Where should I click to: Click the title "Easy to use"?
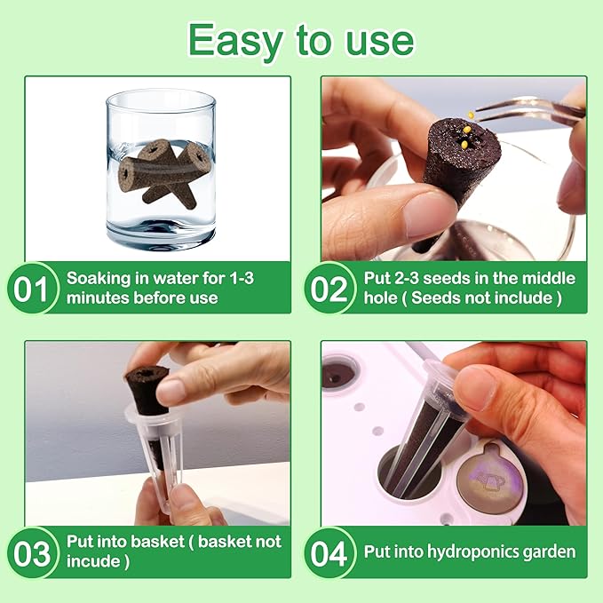301,40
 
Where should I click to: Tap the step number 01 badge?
33,289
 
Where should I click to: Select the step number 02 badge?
329,289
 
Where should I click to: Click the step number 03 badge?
33,552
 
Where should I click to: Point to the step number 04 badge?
329,552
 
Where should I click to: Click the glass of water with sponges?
161,169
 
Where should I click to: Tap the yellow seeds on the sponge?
464,137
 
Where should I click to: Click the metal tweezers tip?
484,114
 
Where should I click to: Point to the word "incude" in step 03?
94,561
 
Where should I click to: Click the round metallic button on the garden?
492,480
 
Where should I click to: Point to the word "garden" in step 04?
548,551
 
